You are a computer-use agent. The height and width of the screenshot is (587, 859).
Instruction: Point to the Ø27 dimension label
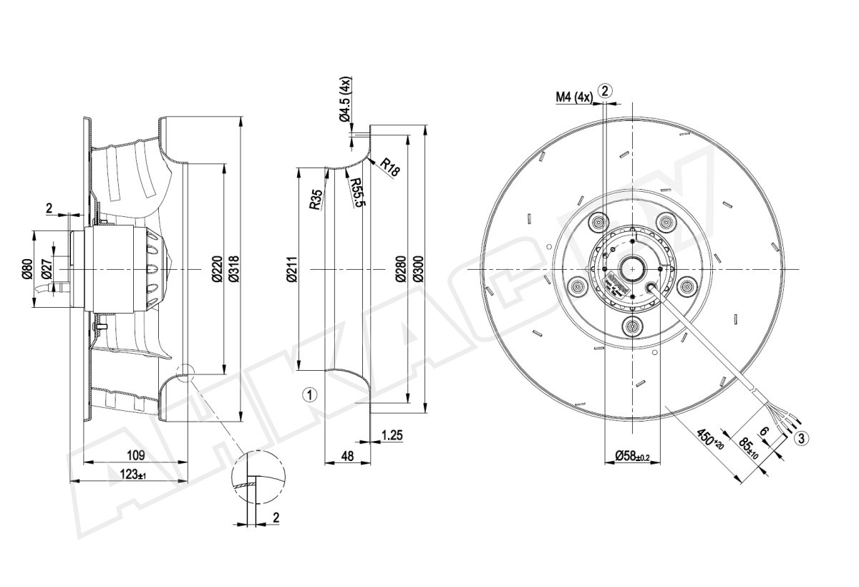pos(47,269)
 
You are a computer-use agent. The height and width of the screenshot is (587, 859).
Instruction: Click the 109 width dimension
pos(136,455)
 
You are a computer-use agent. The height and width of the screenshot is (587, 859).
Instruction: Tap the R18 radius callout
pos(390,168)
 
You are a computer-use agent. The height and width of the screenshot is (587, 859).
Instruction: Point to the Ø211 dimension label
pos(292,270)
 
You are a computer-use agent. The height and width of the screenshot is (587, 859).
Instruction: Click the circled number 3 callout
pos(802,437)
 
